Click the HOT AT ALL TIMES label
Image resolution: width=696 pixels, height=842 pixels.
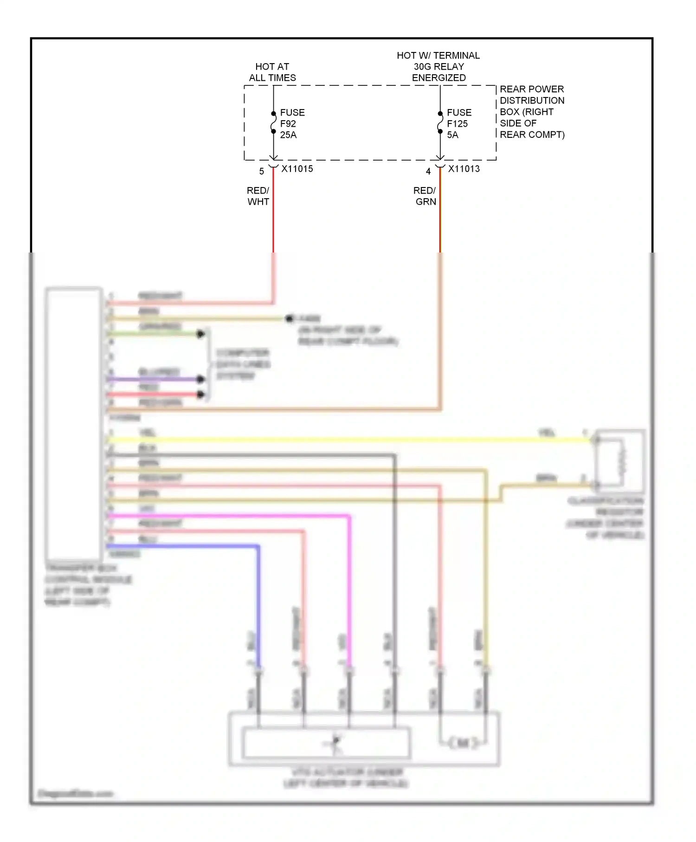click(x=272, y=72)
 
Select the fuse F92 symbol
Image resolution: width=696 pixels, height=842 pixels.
click(x=274, y=123)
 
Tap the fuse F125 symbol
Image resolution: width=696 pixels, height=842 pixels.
click(x=440, y=123)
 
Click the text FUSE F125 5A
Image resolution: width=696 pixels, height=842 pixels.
click(x=458, y=123)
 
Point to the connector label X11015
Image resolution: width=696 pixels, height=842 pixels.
click(x=297, y=169)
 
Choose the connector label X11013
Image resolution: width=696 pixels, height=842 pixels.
click(x=464, y=169)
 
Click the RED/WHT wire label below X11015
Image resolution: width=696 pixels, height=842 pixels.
click(x=258, y=196)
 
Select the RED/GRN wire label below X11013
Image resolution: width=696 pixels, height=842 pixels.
click(x=425, y=196)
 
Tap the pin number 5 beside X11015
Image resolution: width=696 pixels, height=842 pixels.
click(x=262, y=172)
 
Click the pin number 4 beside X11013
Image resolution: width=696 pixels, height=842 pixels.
click(x=428, y=172)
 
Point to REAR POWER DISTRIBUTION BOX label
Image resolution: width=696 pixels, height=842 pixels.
click(x=532, y=112)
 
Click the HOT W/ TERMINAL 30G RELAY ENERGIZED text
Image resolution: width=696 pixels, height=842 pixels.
click(x=438, y=66)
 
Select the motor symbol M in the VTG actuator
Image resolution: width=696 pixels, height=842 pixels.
click(x=462, y=743)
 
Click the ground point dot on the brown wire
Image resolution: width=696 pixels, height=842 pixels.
click(x=290, y=318)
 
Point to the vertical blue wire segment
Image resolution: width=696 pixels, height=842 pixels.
click(x=258, y=603)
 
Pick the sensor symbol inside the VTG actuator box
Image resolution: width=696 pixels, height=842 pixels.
click(x=335, y=743)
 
